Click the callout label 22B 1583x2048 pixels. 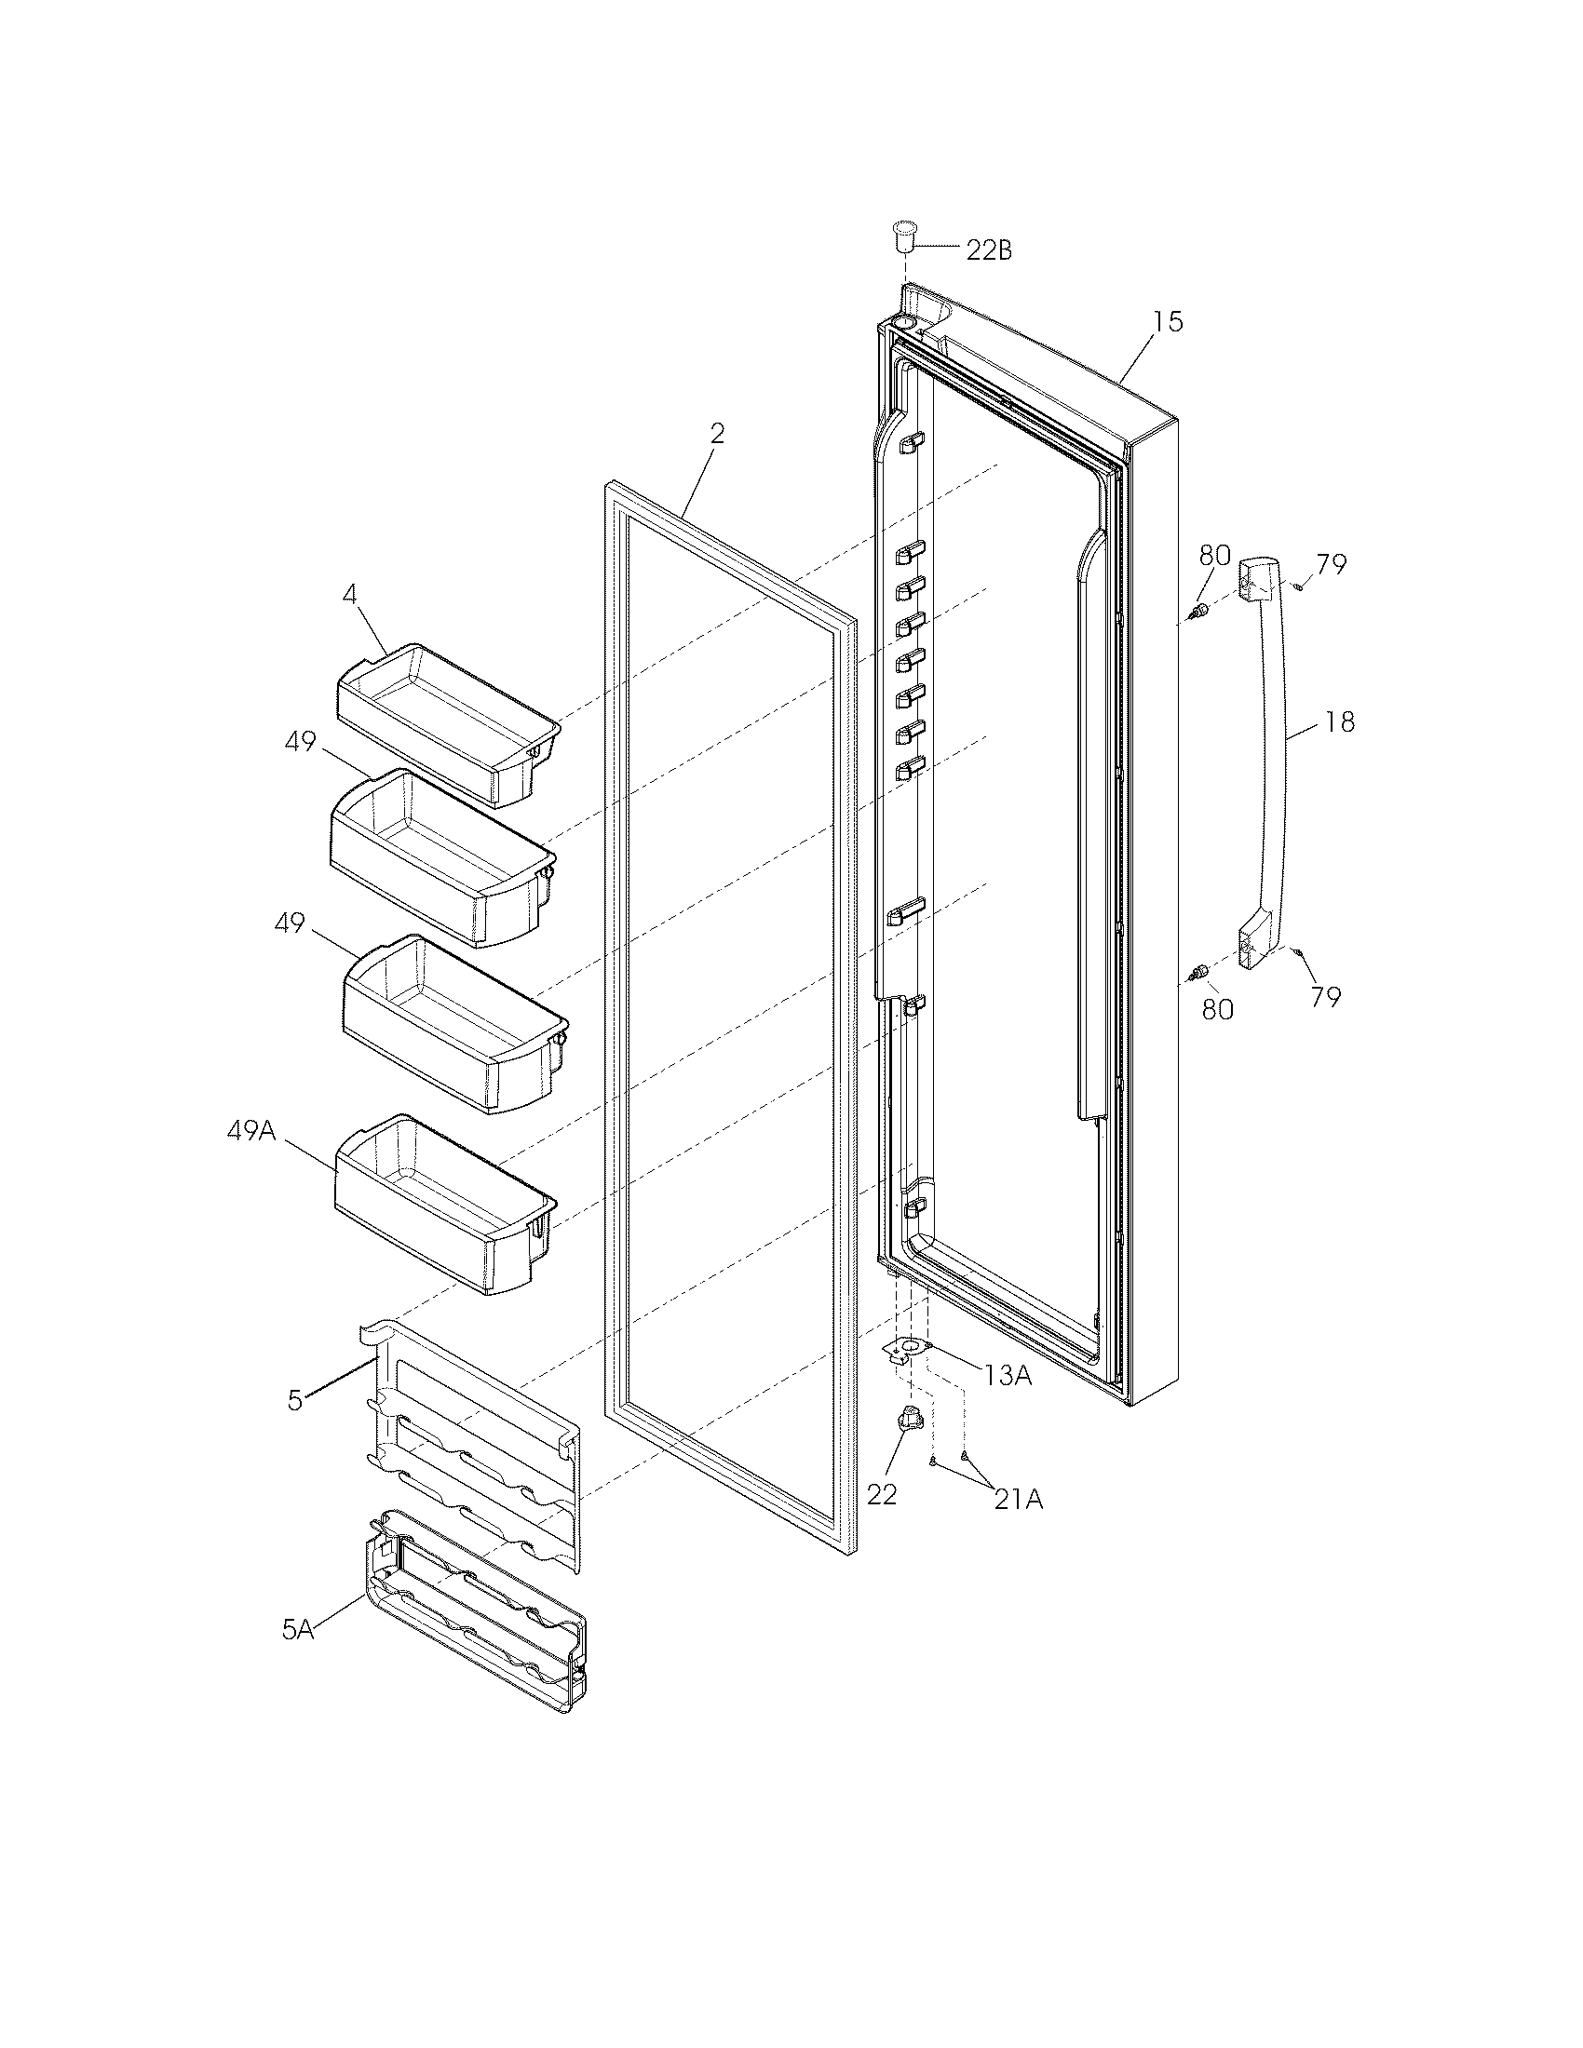988,251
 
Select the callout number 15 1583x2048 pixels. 1168,322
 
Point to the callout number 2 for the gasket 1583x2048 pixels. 716,433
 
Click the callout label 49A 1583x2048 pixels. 251,1131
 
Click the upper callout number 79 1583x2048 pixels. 1331,564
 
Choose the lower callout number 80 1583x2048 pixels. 1217,1010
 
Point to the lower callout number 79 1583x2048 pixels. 1325,997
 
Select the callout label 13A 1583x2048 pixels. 1008,1376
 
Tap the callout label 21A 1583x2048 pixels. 1018,1501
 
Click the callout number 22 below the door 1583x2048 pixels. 882,1495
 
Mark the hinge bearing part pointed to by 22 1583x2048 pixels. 911,1421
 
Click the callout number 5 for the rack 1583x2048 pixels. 295,1401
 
